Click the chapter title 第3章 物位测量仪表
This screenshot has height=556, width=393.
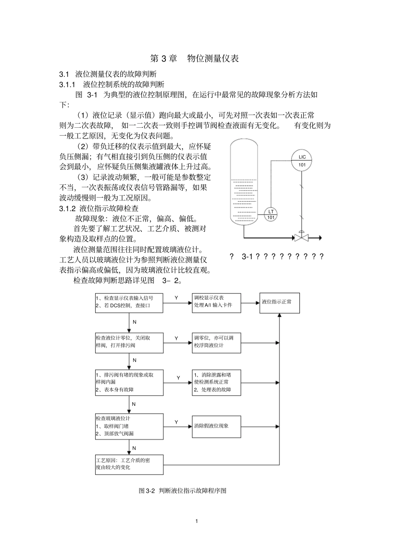coord(194,58)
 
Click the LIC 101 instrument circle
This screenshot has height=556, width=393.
coord(302,160)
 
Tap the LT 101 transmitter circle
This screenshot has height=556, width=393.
coord(271,214)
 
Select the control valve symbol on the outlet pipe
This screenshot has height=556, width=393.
coord(301,238)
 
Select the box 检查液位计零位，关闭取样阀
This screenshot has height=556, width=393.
coord(129,342)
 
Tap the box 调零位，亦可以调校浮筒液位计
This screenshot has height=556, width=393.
coord(216,342)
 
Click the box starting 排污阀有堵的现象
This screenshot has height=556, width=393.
coord(129,382)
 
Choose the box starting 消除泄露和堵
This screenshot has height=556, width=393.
coord(216,382)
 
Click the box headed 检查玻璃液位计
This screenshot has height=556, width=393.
coord(129,426)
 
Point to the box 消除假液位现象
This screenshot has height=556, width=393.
coord(216,426)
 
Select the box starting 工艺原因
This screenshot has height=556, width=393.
coord(129,464)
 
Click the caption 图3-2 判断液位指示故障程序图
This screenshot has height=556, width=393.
coord(183,491)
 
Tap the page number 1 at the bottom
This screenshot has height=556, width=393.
coord(197,521)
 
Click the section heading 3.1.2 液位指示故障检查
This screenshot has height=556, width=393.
coord(99,208)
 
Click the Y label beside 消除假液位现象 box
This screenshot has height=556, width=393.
coord(176,422)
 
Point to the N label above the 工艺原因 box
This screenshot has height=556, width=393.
coord(134,448)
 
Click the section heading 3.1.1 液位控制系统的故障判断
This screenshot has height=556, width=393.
coord(112,85)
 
